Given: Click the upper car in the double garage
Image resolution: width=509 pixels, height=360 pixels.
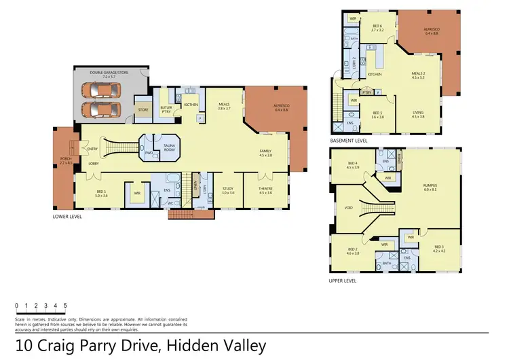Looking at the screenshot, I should coord(96,90).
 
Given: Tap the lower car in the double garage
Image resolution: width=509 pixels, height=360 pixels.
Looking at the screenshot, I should coord(96,109).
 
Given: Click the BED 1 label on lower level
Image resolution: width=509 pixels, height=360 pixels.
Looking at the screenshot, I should coord(101,194).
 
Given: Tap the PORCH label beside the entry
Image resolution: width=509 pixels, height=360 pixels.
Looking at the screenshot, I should coord(65,162).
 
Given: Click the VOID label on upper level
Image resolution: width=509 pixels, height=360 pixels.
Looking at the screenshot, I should coord(347,208).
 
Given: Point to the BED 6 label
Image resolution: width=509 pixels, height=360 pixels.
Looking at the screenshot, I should coord(377,28).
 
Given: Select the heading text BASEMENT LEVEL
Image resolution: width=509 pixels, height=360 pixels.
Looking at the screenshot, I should coord(349,141).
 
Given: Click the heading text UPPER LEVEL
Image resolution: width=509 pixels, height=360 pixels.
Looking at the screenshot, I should coord(343,280).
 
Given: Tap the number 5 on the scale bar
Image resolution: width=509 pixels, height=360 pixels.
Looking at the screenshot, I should coord(65,306).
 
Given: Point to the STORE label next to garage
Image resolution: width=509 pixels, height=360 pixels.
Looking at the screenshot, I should coord(143,109).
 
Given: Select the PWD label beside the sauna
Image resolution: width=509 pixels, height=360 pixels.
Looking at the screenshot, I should coord(148,153).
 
